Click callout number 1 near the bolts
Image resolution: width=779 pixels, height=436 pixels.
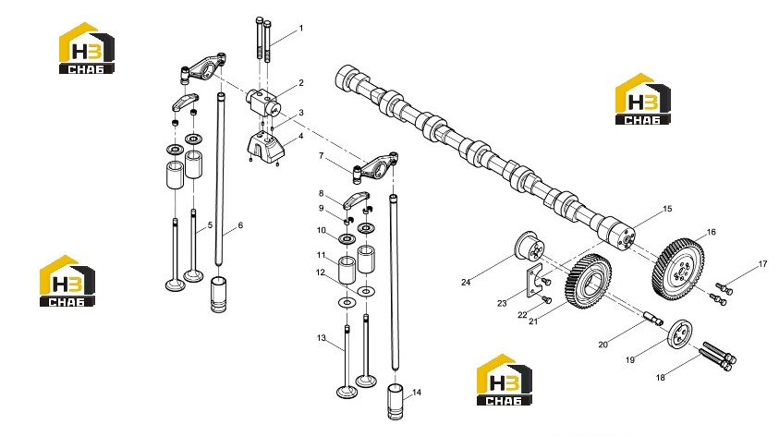[x=300, y=29]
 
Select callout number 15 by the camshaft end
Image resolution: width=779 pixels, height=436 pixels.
[x=667, y=209]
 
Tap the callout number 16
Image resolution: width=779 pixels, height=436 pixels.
[x=711, y=232]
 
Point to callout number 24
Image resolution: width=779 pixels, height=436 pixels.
[x=466, y=282]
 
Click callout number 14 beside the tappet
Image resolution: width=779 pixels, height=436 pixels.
[x=417, y=393]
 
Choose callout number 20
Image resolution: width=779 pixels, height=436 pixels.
[x=603, y=345]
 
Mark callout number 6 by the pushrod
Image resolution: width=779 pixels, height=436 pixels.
[x=240, y=225]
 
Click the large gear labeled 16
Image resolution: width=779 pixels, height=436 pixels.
[x=677, y=269]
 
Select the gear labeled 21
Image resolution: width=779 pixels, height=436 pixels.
[x=589, y=281]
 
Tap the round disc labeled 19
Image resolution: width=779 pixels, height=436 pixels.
[x=680, y=334]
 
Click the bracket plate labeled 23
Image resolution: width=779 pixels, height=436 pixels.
[x=533, y=283]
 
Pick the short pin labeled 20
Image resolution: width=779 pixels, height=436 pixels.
[x=653, y=319]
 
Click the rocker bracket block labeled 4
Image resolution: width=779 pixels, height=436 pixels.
[x=266, y=148]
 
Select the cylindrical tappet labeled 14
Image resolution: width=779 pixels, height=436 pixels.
[x=396, y=401]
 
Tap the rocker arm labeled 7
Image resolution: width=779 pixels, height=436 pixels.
[x=378, y=165]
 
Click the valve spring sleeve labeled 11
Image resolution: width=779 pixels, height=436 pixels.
[x=347, y=270]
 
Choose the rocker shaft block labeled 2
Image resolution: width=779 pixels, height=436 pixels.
[x=263, y=103]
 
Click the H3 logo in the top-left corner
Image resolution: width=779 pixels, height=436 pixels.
[x=87, y=48]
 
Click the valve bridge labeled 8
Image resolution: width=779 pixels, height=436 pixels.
[x=356, y=200]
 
